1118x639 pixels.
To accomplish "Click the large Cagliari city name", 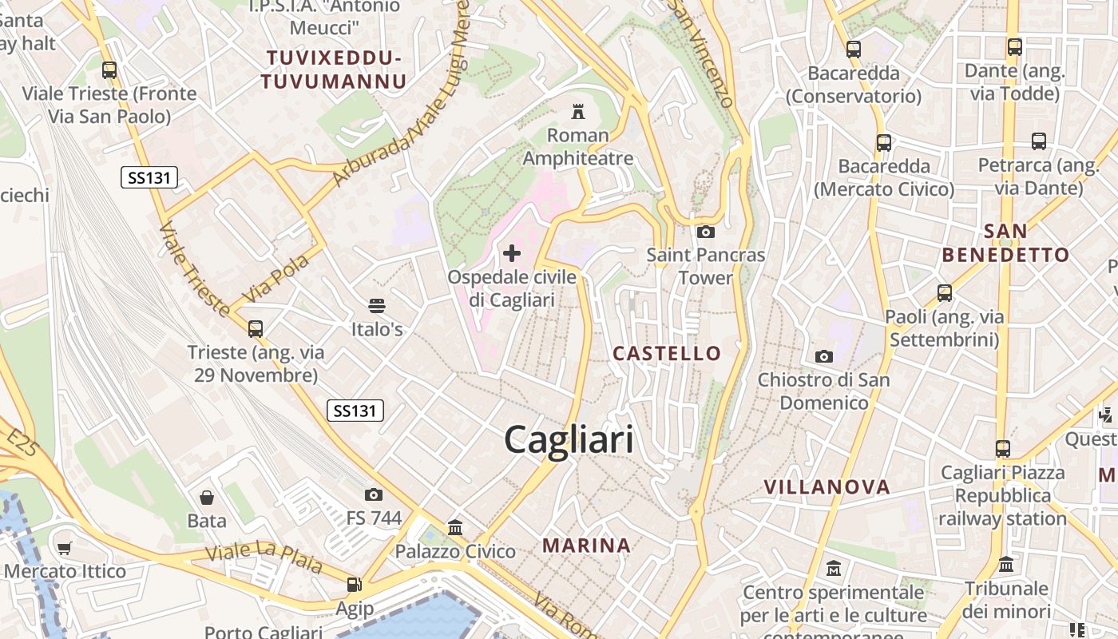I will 569,440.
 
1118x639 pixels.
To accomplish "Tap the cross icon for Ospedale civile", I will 512,254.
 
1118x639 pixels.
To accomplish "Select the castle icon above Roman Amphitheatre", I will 577,111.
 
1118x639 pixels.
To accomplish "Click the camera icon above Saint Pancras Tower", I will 705,232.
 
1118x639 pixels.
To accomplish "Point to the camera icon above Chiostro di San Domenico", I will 823,356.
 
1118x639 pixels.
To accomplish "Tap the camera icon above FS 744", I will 373,494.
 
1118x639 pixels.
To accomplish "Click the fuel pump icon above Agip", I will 354,585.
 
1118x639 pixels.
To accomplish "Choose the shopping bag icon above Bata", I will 207,498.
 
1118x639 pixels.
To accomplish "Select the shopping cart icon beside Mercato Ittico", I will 65,548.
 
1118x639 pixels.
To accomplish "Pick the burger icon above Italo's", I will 377,305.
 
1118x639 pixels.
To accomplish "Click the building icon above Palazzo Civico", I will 455,527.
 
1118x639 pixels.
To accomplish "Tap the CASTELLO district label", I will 667,353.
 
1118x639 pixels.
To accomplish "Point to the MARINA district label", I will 587,546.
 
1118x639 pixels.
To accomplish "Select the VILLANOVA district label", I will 827,487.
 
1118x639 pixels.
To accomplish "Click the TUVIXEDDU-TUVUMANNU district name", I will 333,69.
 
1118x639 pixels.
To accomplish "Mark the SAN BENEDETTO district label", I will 1005,243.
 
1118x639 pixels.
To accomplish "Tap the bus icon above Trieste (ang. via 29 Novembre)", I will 256,328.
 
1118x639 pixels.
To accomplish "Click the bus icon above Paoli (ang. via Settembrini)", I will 945,293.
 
